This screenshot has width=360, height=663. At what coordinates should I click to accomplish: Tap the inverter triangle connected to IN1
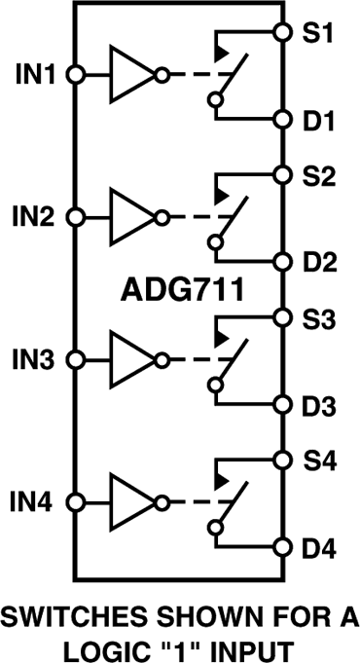point(132,74)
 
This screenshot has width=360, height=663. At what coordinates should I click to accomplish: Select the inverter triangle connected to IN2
point(132,216)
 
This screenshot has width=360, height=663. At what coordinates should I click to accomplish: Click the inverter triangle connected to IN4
point(132,502)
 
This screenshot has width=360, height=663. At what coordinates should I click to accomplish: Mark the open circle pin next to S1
point(283,32)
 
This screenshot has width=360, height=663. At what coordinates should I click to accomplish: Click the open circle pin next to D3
point(283,405)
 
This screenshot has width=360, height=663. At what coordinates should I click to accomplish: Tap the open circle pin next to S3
point(283,317)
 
